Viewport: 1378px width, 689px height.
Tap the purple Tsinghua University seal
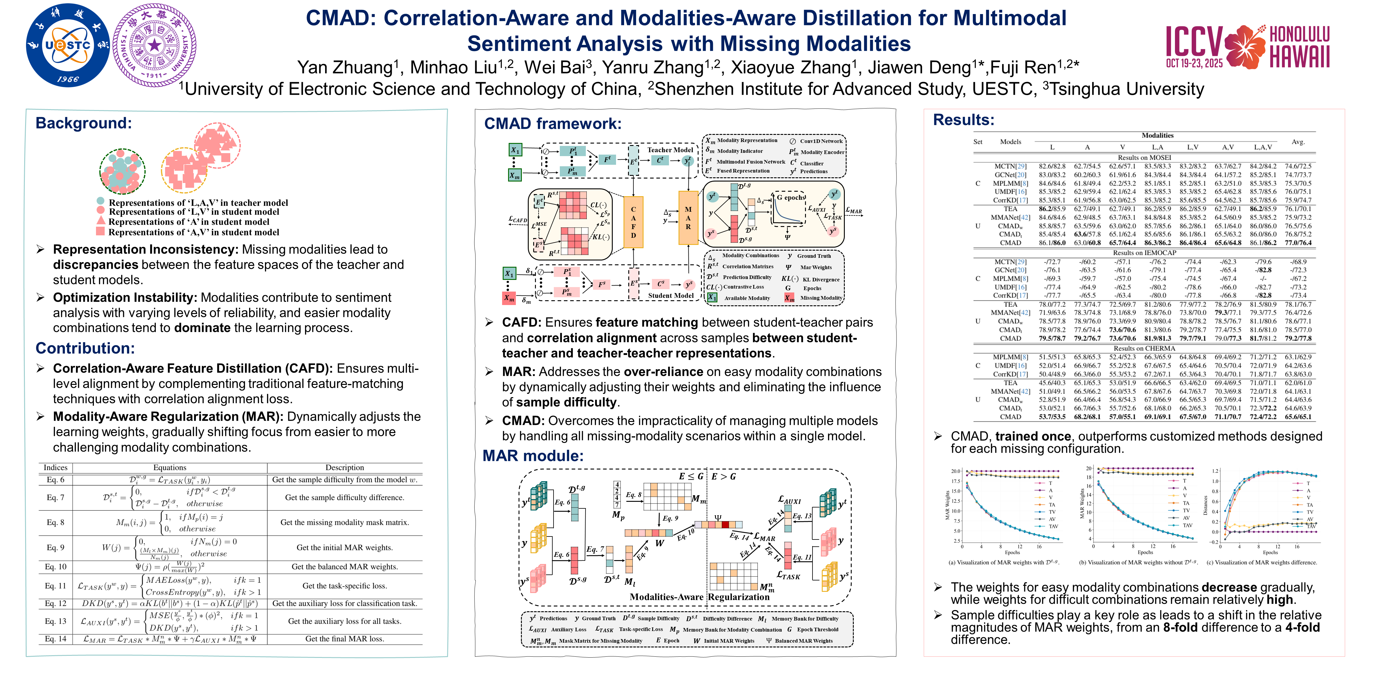(155, 45)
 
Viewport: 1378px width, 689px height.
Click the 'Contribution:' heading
(85, 348)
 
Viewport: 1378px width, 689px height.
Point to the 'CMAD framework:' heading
(553, 124)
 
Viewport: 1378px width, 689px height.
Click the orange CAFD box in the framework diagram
(633, 222)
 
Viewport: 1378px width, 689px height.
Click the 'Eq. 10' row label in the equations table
(56, 566)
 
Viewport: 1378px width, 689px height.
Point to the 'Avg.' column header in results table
(1298, 142)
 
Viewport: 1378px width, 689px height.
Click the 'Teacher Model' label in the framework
(670, 150)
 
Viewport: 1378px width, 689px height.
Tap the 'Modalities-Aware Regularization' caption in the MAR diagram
(700, 597)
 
